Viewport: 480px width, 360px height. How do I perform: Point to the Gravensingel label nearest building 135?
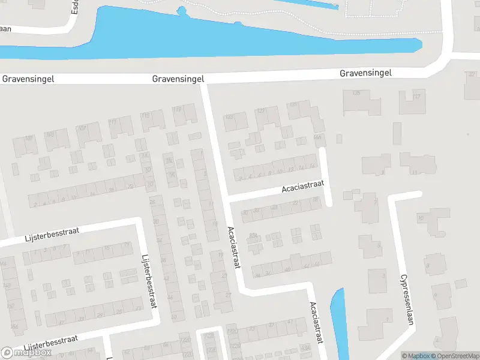(x=365, y=73)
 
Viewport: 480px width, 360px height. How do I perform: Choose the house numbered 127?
(x=266, y=116)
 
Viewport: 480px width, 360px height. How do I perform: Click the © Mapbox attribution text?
(x=415, y=356)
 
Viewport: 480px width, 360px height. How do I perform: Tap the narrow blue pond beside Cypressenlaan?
(x=339, y=321)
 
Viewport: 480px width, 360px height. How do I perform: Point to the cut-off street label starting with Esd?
(x=75, y=7)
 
